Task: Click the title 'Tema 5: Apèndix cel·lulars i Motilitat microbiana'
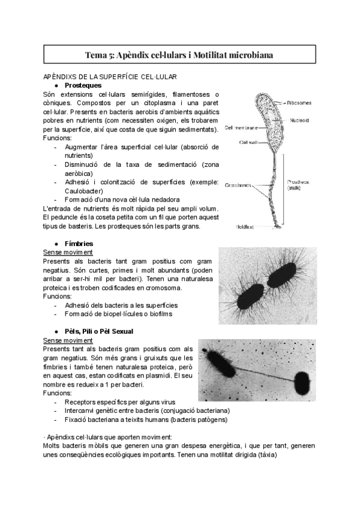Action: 180,55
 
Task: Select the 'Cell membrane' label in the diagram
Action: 242,128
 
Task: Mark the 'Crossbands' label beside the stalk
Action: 238,185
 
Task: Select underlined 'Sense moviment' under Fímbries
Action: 68,252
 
